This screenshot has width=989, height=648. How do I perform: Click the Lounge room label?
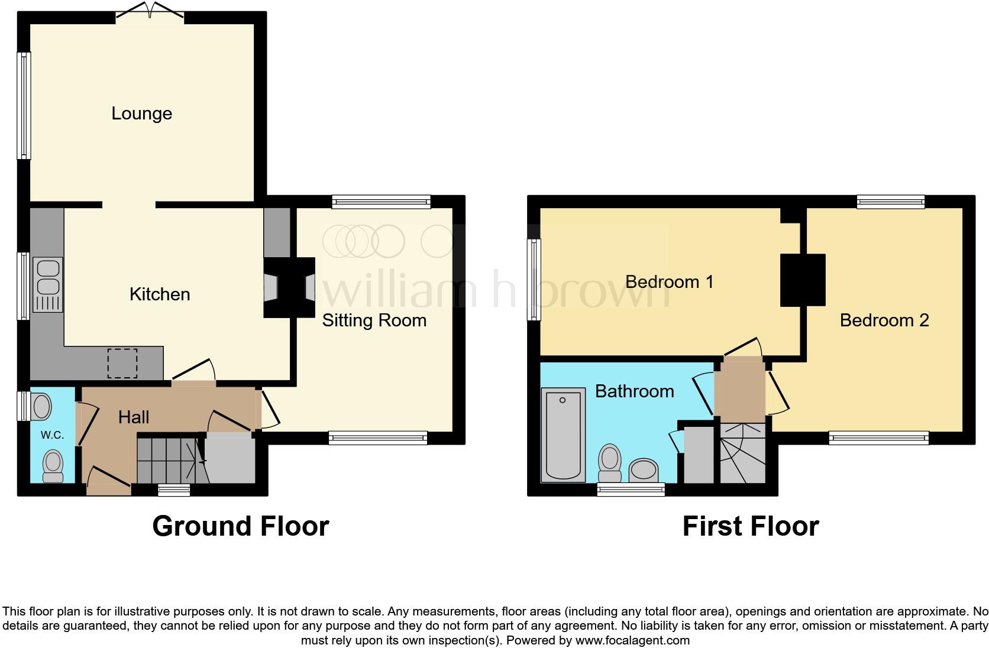pyautogui.click(x=141, y=114)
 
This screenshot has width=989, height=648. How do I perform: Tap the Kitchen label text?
pyautogui.click(x=160, y=294)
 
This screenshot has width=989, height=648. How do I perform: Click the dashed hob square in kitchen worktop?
pyautogui.click(x=122, y=363)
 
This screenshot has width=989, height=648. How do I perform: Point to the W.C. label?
pyautogui.click(x=52, y=435)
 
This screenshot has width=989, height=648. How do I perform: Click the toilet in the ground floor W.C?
pyautogui.click(x=53, y=466)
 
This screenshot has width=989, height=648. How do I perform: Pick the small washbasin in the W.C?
pyautogui.click(x=42, y=407)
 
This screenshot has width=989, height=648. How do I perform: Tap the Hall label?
pyautogui.click(x=133, y=417)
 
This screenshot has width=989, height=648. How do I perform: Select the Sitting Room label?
pyautogui.click(x=374, y=320)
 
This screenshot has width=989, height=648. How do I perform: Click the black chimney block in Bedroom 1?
pyautogui.click(x=802, y=280)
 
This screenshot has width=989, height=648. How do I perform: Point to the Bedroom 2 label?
pyautogui.click(x=884, y=320)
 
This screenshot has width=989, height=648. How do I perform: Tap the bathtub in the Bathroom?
pyautogui.click(x=563, y=435)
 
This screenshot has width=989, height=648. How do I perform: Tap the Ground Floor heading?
pyautogui.click(x=240, y=526)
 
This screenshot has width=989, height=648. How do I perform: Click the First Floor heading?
pyautogui.click(x=750, y=526)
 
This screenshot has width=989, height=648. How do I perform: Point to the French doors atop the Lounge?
pyautogui.click(x=150, y=11)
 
